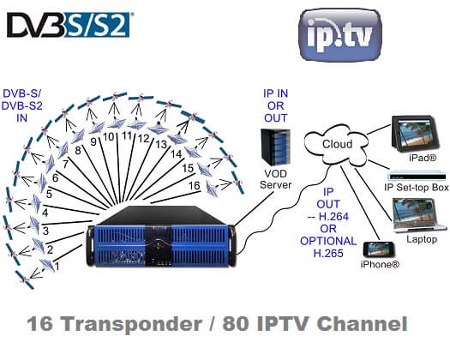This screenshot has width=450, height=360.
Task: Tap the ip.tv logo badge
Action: pos(340,34)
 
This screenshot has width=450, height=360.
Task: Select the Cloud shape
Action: pos(336,144)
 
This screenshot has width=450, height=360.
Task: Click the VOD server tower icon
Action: pos(275,147)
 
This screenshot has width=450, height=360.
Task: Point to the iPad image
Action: pos(415,132)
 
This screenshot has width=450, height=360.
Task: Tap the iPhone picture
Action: pos(379,249)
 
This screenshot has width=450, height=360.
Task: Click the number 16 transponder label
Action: pos(194,186)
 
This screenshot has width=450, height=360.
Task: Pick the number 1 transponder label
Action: pos(57,267)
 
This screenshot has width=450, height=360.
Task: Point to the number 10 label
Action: pos(109,137)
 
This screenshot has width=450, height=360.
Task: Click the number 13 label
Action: pos(161,144)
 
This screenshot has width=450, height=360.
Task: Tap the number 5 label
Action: pos(49,194)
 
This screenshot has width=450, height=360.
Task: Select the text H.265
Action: pos(328,253)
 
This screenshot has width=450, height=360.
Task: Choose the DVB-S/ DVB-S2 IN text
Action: pos(22,105)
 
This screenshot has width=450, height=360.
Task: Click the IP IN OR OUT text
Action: pos(275,105)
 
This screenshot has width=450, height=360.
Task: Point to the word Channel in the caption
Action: pos(363,323)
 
